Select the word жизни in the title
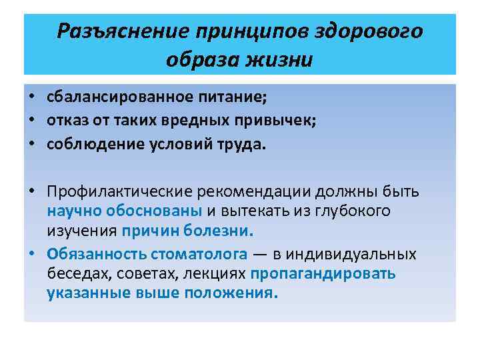(278, 60)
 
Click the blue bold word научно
(71, 211)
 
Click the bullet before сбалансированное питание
(31, 98)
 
